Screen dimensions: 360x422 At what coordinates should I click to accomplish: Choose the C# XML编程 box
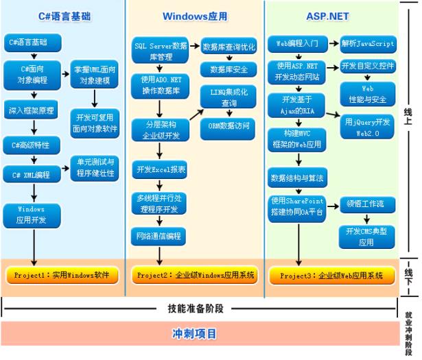tap(32, 175)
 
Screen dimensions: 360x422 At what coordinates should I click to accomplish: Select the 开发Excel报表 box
tap(160, 169)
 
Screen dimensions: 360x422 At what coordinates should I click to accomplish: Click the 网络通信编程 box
tap(160, 235)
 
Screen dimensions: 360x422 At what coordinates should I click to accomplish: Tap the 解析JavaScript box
tap(368, 44)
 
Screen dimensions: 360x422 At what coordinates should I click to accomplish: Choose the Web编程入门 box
tap(298, 44)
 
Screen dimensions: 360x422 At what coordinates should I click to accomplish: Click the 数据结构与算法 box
tap(298, 177)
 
